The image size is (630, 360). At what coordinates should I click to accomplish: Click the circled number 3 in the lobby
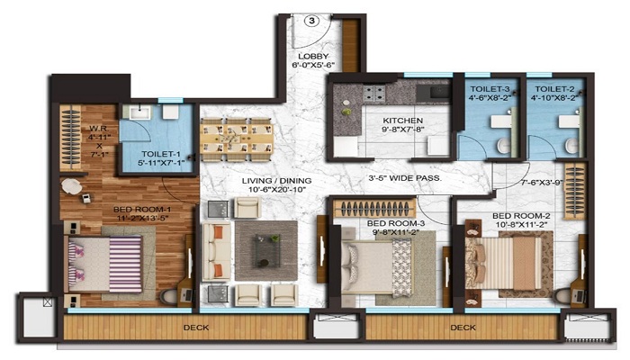click(x=310, y=22)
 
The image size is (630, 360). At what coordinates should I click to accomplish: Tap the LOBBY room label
click(x=312, y=58)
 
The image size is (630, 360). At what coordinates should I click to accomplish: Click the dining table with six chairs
click(x=235, y=139)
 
